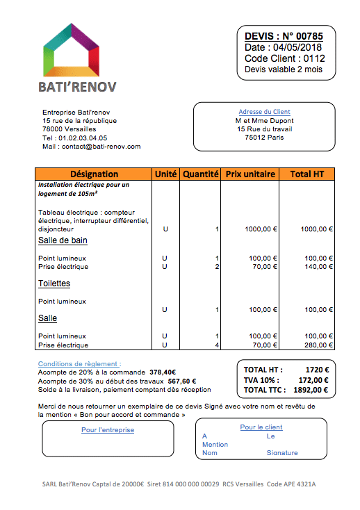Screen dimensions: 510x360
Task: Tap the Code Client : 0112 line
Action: pos(284,58)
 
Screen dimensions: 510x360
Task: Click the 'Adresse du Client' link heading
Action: pos(264,112)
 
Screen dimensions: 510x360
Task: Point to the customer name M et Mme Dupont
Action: pos(264,120)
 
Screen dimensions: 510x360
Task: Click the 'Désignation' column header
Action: pos(95,174)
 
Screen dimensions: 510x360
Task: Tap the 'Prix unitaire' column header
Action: pos(250,174)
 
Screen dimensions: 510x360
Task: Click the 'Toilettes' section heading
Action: pos(54,283)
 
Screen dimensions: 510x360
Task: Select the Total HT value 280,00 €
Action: pos(316,345)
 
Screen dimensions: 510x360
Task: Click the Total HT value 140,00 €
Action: pos(316,266)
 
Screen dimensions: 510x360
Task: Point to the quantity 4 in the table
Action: pos(217,345)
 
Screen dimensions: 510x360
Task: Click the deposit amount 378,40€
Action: pos(163,372)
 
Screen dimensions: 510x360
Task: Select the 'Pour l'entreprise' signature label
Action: pos(108,429)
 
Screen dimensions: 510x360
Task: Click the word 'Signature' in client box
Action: pos(281,452)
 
